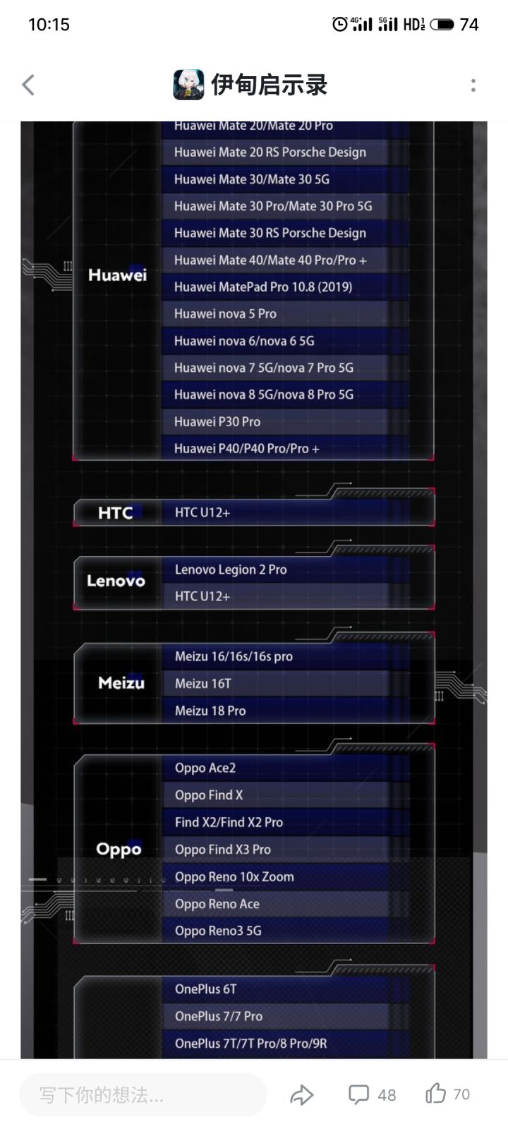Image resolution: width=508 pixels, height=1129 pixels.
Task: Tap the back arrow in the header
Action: pyautogui.click(x=28, y=85)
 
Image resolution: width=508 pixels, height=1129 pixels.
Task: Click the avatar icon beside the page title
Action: pyautogui.click(x=188, y=85)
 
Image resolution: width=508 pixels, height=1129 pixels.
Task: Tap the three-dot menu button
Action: pyautogui.click(x=473, y=85)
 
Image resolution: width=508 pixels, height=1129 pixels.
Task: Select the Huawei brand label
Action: pyautogui.click(x=117, y=274)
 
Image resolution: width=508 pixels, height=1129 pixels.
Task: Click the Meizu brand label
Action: pyautogui.click(x=121, y=683)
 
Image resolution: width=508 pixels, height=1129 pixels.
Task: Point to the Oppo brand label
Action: pyautogui.click(x=119, y=850)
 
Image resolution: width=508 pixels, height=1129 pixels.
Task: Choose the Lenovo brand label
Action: pyautogui.click(x=116, y=581)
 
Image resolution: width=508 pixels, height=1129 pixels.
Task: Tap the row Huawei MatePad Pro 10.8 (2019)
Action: pyautogui.click(x=263, y=286)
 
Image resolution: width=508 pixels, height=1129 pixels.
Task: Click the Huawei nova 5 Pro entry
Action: pyautogui.click(x=225, y=314)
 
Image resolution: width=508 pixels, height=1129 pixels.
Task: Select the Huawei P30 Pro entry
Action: pyautogui.click(x=217, y=422)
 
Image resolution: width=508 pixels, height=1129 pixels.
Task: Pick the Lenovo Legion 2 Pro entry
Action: pyautogui.click(x=231, y=569)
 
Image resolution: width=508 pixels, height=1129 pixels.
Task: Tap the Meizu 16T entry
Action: pyautogui.click(x=203, y=684)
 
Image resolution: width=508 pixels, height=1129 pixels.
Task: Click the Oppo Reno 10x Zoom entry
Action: pyautogui.click(x=234, y=877)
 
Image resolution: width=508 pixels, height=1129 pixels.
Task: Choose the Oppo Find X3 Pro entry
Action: pyautogui.click(x=223, y=850)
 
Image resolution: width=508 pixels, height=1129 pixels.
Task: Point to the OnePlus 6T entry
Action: pyautogui.click(x=205, y=989)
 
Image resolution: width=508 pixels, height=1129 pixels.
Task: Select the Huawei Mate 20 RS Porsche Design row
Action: pyautogui.click(x=270, y=152)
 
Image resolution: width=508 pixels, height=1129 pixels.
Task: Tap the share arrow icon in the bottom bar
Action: pyautogui.click(x=302, y=1094)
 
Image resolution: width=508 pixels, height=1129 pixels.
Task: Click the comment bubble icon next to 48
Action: pyautogui.click(x=358, y=1094)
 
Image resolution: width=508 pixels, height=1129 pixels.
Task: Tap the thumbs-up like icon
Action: pyautogui.click(x=436, y=1094)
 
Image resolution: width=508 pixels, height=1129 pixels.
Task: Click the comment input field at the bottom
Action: pyautogui.click(x=143, y=1094)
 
